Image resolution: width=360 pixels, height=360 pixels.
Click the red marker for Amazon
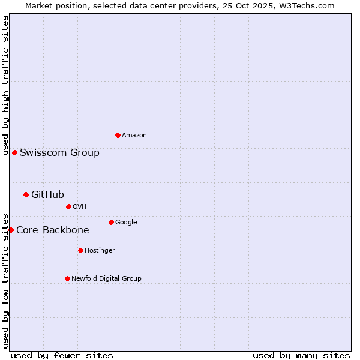(x=118, y=135)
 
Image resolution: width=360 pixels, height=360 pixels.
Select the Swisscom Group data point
(x=14, y=152)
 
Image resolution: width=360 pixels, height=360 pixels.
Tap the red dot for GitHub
(x=26, y=194)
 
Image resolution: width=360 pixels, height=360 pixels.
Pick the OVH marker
(x=68, y=206)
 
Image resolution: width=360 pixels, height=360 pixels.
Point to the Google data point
(x=111, y=222)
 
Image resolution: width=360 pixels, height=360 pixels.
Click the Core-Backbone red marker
(x=11, y=230)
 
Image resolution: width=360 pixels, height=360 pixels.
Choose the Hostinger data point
(x=80, y=250)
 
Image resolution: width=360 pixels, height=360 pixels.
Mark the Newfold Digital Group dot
(x=67, y=278)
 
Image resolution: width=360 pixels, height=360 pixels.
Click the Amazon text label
(x=134, y=136)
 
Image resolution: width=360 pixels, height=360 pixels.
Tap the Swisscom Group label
(x=59, y=152)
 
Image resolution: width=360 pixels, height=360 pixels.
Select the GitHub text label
(x=47, y=194)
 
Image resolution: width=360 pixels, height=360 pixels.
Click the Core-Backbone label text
(x=52, y=230)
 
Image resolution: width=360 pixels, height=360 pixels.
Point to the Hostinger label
(x=100, y=250)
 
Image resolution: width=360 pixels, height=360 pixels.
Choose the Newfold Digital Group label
(x=106, y=278)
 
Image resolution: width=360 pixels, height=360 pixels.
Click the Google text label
(x=126, y=222)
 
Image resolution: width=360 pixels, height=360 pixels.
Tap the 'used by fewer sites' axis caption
(x=62, y=355)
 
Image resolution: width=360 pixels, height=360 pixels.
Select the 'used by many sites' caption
(x=301, y=355)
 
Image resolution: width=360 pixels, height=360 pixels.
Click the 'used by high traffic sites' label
(x=5, y=85)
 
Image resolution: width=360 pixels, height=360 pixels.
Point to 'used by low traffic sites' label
(x=5, y=280)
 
